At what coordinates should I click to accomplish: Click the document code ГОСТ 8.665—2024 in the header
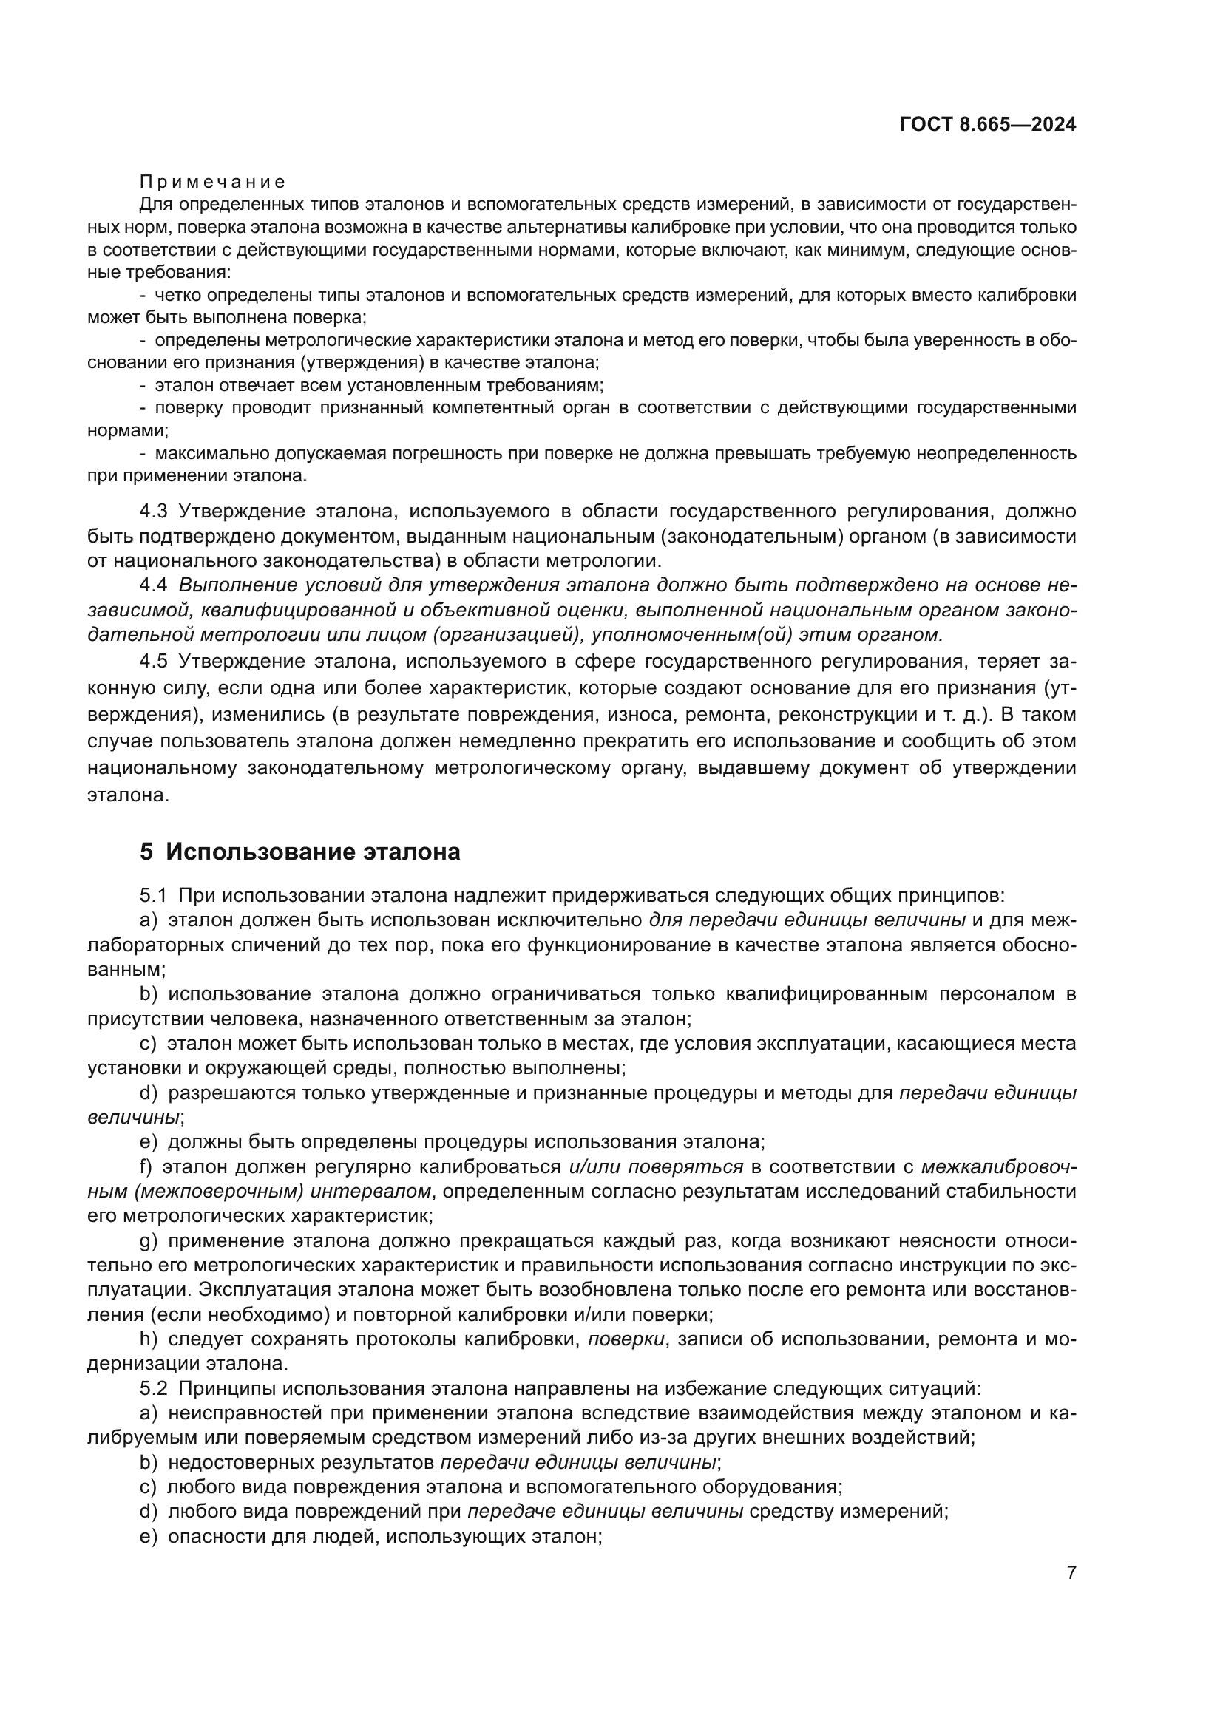[x=987, y=125]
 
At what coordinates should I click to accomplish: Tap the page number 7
[x=1071, y=1573]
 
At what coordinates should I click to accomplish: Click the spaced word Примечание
[x=212, y=183]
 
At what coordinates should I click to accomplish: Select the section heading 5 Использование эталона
[x=299, y=852]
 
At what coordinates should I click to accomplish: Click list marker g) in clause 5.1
[x=149, y=1241]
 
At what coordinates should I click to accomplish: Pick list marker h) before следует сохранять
[x=149, y=1339]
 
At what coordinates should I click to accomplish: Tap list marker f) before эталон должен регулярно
[x=146, y=1167]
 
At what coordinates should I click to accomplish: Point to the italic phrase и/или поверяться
[x=656, y=1167]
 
